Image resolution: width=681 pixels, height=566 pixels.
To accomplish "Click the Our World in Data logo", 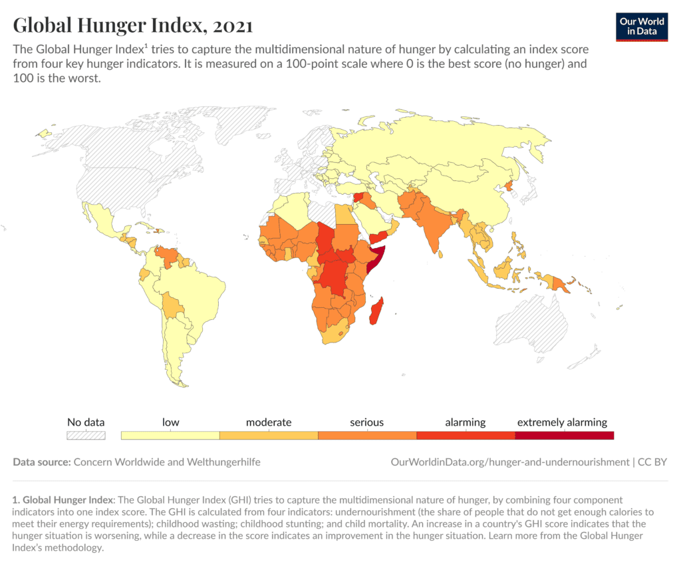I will coord(642,26).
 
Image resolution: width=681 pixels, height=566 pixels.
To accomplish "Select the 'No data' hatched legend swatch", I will coord(86,436).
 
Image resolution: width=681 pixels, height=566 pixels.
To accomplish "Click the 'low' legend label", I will coord(170,422).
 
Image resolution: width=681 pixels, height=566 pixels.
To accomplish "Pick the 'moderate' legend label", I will coord(269,422).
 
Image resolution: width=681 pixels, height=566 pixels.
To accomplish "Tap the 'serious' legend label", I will coord(366,422).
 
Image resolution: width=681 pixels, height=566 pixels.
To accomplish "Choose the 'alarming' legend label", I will coord(466,422).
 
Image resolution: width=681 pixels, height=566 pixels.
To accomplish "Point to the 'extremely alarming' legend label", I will coord(562,422).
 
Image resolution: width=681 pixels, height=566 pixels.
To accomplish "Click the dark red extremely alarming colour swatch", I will coord(564,436).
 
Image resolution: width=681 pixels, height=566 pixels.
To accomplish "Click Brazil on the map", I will coord(193,293).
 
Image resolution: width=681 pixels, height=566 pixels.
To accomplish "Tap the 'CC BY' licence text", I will coord(652,462).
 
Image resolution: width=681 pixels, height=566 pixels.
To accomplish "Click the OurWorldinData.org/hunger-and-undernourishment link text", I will coord(509,462).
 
